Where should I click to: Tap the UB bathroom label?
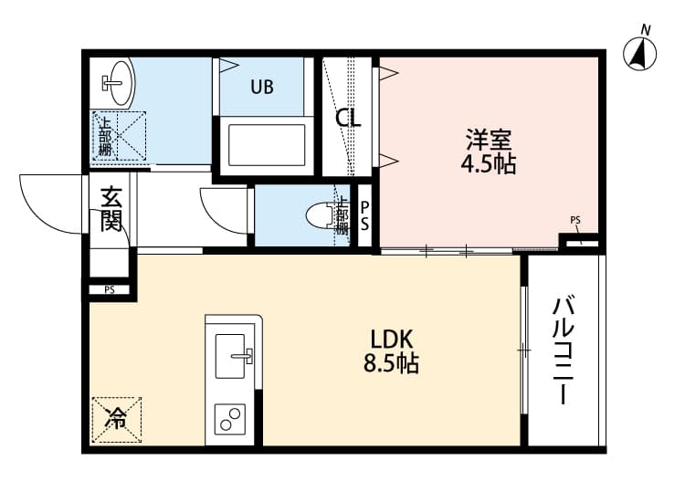point(262,88)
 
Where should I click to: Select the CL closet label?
point(348,119)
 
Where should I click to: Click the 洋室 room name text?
point(489,141)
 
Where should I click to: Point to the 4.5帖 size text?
point(489,165)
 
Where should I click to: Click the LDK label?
point(391,340)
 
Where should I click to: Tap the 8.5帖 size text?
point(391,364)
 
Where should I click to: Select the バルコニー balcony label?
point(562,351)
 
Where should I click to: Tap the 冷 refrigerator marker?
point(116,419)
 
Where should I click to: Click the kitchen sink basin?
point(233,355)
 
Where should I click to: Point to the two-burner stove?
point(231,421)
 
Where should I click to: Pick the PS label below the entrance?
point(109,290)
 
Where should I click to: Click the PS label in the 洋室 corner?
point(575,220)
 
